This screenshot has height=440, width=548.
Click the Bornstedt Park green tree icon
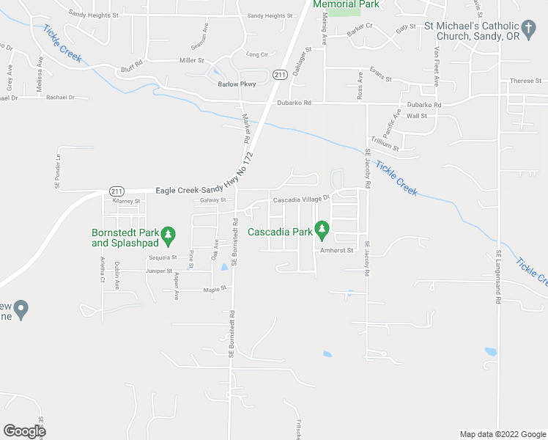coord(169,235)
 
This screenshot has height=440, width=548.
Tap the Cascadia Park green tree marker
coord(321,230)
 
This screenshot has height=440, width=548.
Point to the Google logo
coord(24,430)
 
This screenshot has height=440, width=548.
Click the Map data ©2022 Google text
coord(502,434)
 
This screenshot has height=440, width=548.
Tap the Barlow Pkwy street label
coord(237,84)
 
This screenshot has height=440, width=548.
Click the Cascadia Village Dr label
coord(302,199)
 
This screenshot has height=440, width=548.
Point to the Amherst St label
coord(336,250)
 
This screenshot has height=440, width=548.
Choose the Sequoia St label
coord(163,257)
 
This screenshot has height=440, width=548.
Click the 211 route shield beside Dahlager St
coord(279,75)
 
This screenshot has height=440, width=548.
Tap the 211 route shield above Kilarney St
coord(116,191)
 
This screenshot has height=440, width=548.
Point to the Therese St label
coord(525,81)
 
